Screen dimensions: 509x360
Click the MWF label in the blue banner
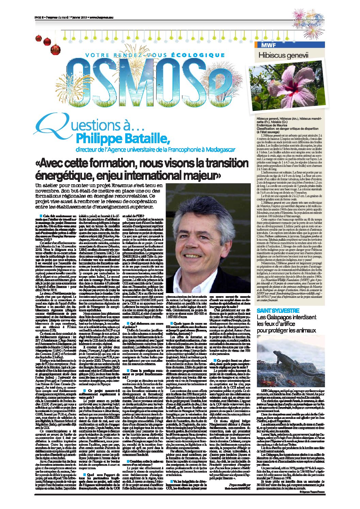[268, 45]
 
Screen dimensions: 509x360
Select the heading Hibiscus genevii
[283, 55]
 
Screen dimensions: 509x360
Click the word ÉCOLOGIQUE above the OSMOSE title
[198, 55]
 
